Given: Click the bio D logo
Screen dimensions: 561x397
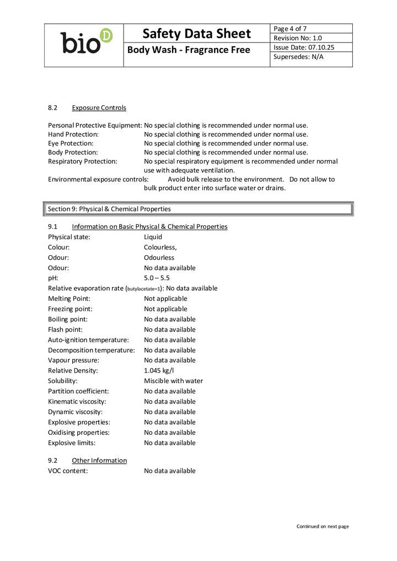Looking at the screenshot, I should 85,42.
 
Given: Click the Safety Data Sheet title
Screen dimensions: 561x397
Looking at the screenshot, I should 196,34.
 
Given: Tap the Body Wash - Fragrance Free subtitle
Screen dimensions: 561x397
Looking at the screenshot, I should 189,50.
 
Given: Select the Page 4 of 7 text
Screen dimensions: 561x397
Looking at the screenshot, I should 291,29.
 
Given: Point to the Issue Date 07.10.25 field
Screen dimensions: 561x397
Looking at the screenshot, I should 304,47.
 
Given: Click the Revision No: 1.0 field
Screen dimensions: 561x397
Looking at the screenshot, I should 298,38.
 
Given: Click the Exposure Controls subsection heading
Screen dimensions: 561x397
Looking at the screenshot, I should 99,107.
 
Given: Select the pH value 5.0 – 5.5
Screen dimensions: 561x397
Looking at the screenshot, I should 157,278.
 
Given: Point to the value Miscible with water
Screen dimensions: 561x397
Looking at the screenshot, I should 173,381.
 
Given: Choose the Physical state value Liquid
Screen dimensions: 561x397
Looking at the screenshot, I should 153,237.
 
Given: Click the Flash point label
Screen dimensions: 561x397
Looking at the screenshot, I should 65,330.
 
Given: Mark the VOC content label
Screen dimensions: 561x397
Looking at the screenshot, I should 68,471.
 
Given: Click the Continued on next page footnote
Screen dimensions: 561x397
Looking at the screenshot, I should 323,526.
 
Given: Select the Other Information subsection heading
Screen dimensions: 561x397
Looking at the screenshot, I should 99,460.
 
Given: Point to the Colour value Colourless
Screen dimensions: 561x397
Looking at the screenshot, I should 160,247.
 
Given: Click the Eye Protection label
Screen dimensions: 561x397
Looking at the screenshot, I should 71,143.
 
